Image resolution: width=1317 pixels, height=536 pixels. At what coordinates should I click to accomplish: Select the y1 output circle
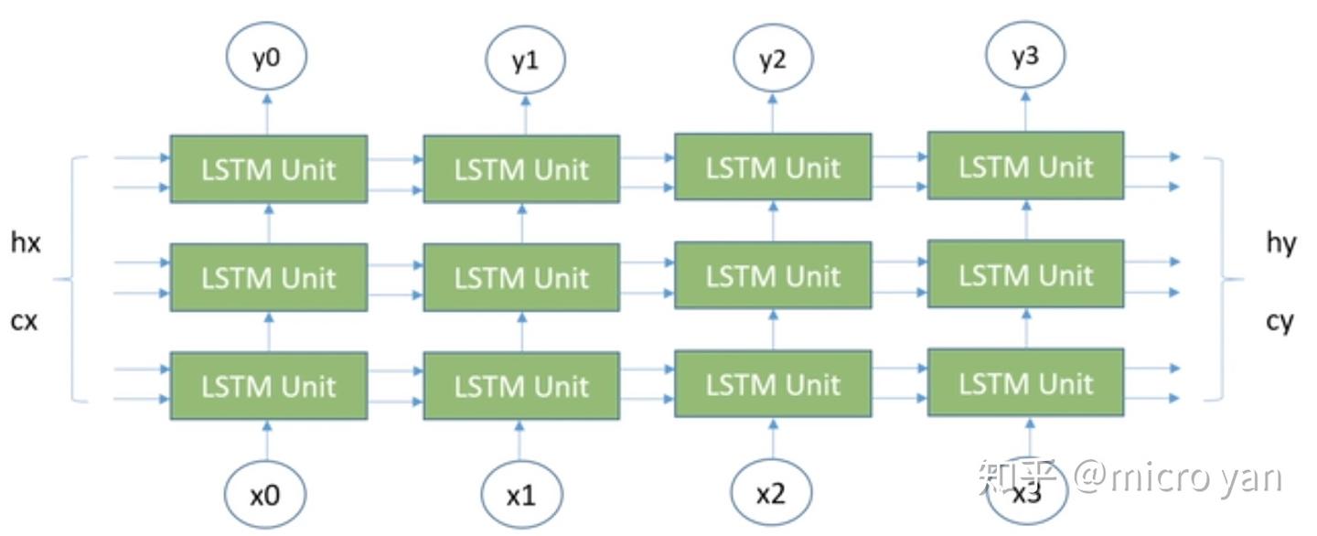(x=524, y=62)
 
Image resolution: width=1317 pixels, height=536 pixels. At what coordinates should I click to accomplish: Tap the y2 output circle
(x=773, y=60)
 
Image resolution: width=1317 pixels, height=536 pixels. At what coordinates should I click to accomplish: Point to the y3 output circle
(x=1025, y=58)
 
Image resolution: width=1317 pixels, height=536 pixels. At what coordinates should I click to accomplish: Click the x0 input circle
(x=265, y=496)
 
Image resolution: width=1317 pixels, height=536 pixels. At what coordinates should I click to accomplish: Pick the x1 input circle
(x=521, y=497)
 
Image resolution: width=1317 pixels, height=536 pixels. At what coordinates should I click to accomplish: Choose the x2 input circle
(x=771, y=495)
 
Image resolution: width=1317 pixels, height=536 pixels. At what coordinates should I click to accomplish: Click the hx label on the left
(x=25, y=244)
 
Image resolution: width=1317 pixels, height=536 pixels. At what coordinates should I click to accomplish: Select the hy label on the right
(x=1281, y=243)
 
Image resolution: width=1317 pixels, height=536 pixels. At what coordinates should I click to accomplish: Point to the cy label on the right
(x=1280, y=321)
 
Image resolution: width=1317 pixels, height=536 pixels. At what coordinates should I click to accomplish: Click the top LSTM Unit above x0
(x=268, y=169)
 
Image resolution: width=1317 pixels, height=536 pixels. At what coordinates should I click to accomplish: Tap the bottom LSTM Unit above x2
(x=773, y=384)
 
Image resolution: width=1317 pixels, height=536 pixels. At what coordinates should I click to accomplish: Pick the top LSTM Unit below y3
(x=1025, y=166)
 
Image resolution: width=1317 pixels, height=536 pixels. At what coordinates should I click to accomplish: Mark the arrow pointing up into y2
(x=773, y=112)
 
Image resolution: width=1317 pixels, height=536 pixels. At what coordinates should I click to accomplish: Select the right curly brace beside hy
(x=1223, y=279)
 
